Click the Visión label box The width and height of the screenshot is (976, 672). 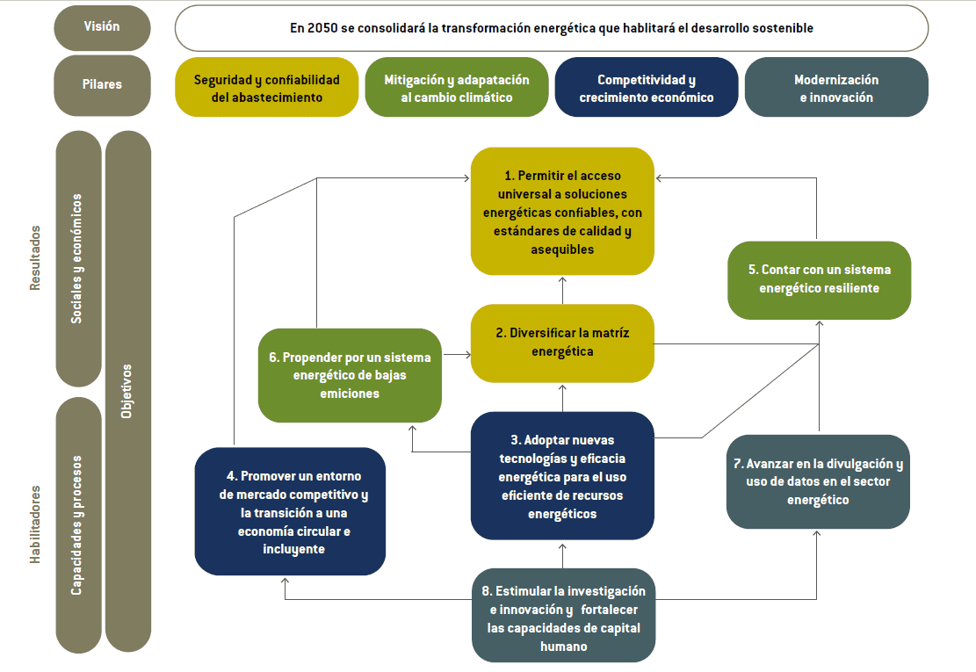[x=102, y=27]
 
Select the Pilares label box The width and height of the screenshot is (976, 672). [x=102, y=85]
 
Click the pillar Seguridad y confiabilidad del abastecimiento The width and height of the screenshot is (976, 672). [x=267, y=88]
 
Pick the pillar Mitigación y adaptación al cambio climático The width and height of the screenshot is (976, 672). [x=457, y=88]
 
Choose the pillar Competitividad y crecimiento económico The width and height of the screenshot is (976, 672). [x=647, y=88]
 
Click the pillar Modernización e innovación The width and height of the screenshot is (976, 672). [x=836, y=88]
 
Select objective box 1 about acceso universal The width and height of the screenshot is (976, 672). [x=562, y=212]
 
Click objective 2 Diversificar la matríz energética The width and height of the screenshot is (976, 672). [x=562, y=343]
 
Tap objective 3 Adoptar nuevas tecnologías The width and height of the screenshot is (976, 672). [x=562, y=475]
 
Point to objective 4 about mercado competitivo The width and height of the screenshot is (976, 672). [x=290, y=511]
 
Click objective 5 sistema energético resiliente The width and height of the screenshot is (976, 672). [x=819, y=279]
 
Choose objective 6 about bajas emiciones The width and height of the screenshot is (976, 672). [x=350, y=375]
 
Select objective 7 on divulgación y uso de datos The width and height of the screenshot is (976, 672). [x=818, y=481]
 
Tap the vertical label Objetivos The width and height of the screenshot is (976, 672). [x=127, y=391]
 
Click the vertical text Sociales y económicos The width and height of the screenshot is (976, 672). [x=77, y=259]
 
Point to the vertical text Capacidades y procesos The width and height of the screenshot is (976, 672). [x=77, y=525]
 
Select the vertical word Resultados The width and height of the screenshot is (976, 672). [x=36, y=257]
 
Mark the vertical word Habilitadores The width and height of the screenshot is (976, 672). [x=36, y=524]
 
